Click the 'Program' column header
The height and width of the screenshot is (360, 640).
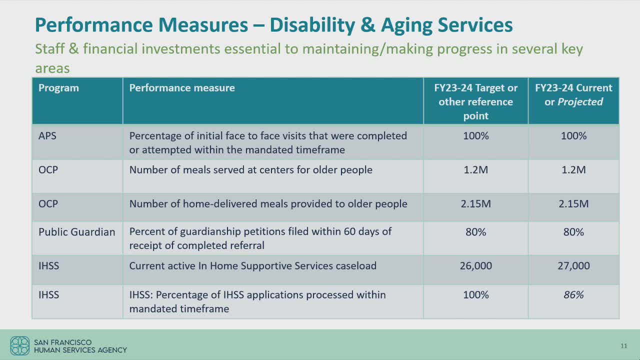(x=58, y=88)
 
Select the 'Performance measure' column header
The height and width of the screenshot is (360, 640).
(x=181, y=88)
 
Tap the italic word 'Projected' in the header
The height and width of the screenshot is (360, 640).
(x=580, y=102)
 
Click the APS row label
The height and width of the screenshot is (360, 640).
(x=47, y=136)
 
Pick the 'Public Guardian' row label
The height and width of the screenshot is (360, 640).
(x=76, y=232)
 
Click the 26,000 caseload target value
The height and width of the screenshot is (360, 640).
(x=475, y=266)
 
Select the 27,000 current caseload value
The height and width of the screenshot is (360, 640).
(x=573, y=266)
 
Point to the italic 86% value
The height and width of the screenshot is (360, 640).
(x=573, y=295)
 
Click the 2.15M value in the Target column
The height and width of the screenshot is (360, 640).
(x=475, y=204)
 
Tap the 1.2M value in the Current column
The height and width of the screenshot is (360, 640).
(x=573, y=170)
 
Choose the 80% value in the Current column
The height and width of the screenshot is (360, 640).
(x=573, y=232)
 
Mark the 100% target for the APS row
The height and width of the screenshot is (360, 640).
(x=475, y=136)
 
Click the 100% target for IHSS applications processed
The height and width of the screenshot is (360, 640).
(x=475, y=295)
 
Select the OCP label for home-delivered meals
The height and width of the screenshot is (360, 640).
(x=48, y=204)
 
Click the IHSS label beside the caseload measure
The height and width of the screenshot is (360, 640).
(x=48, y=266)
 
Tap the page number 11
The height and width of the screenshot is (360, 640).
(x=623, y=346)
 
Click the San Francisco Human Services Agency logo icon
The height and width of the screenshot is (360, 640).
(x=20, y=345)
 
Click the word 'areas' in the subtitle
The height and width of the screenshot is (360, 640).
(x=52, y=68)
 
